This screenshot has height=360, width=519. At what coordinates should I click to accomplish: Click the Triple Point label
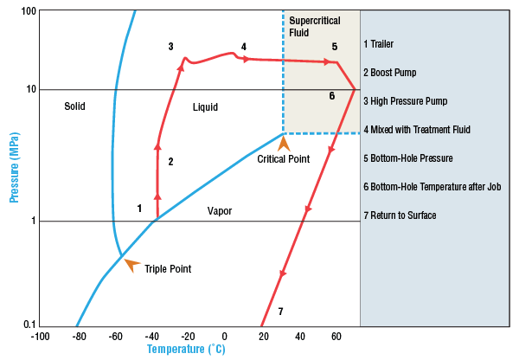point(167,269)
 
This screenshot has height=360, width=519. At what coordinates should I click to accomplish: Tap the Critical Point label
point(284,158)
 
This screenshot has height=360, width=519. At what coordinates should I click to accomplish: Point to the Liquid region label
point(205,107)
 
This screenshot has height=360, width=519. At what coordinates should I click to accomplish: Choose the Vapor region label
point(220,210)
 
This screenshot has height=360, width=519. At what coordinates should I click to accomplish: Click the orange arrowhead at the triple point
point(131,264)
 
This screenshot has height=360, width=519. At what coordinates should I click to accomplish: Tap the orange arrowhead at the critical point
point(282,142)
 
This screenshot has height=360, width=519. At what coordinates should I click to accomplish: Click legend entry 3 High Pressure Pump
point(406,101)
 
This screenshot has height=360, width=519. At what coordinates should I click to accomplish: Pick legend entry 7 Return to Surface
point(400,215)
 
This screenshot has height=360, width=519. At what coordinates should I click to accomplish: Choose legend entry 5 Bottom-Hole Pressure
point(407,158)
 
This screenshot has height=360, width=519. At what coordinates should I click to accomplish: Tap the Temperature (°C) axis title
point(186,350)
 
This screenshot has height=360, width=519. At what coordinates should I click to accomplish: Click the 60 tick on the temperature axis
point(336,336)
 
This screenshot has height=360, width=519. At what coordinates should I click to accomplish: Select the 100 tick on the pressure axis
point(27,10)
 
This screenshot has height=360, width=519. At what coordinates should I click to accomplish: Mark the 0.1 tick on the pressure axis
point(29,325)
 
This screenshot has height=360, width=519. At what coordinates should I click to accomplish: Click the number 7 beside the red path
point(279,311)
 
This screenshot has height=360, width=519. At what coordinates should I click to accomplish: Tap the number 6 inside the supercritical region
point(331,96)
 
